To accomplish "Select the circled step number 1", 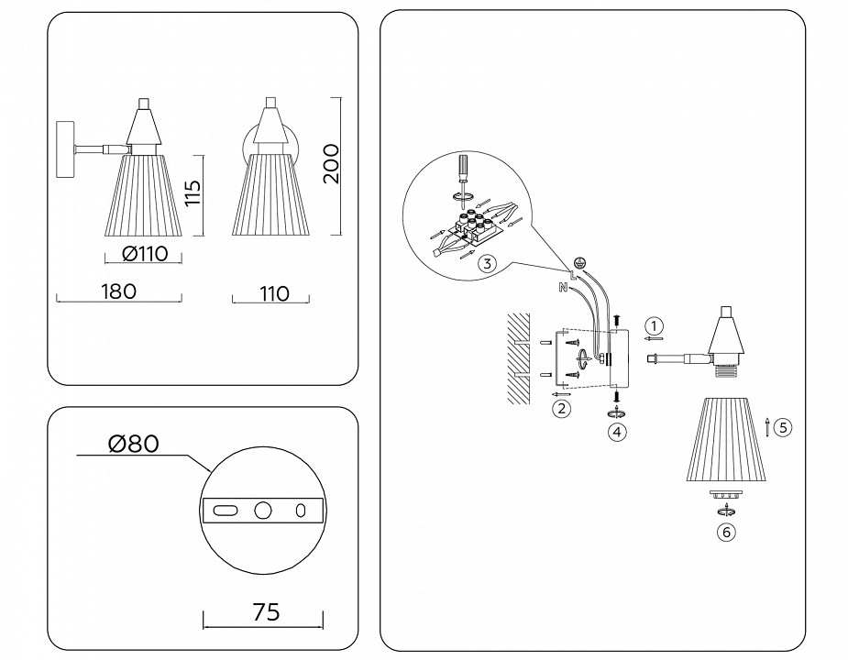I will click(x=653, y=325).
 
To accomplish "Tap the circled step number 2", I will click(x=561, y=408).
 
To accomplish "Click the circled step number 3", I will click(x=487, y=264).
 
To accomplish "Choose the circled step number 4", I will click(x=617, y=430).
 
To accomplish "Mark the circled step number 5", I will click(x=781, y=426).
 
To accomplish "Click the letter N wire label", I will click(x=562, y=288).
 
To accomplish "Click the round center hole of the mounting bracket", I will click(x=263, y=511).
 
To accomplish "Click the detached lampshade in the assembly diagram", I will click(x=726, y=439).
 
